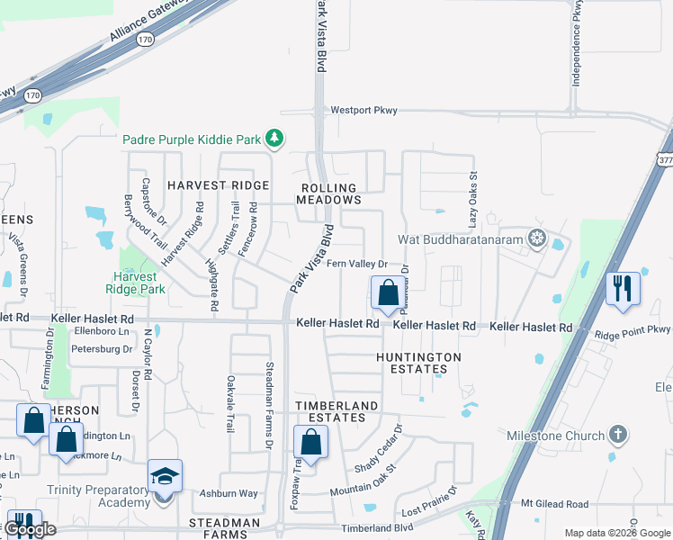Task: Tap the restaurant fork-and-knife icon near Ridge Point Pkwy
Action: tap(623, 288)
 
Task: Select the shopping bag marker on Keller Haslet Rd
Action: tap(388, 293)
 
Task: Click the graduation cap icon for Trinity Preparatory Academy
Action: tap(165, 476)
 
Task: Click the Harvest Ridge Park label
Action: tap(139, 283)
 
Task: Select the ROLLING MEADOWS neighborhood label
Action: tap(328, 193)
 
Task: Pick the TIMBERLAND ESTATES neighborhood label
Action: tap(332, 412)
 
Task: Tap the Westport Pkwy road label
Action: tap(363, 110)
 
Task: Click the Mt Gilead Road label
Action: tap(554, 505)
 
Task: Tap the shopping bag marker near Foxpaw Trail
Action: tap(310, 442)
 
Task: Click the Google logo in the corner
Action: tap(30, 529)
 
